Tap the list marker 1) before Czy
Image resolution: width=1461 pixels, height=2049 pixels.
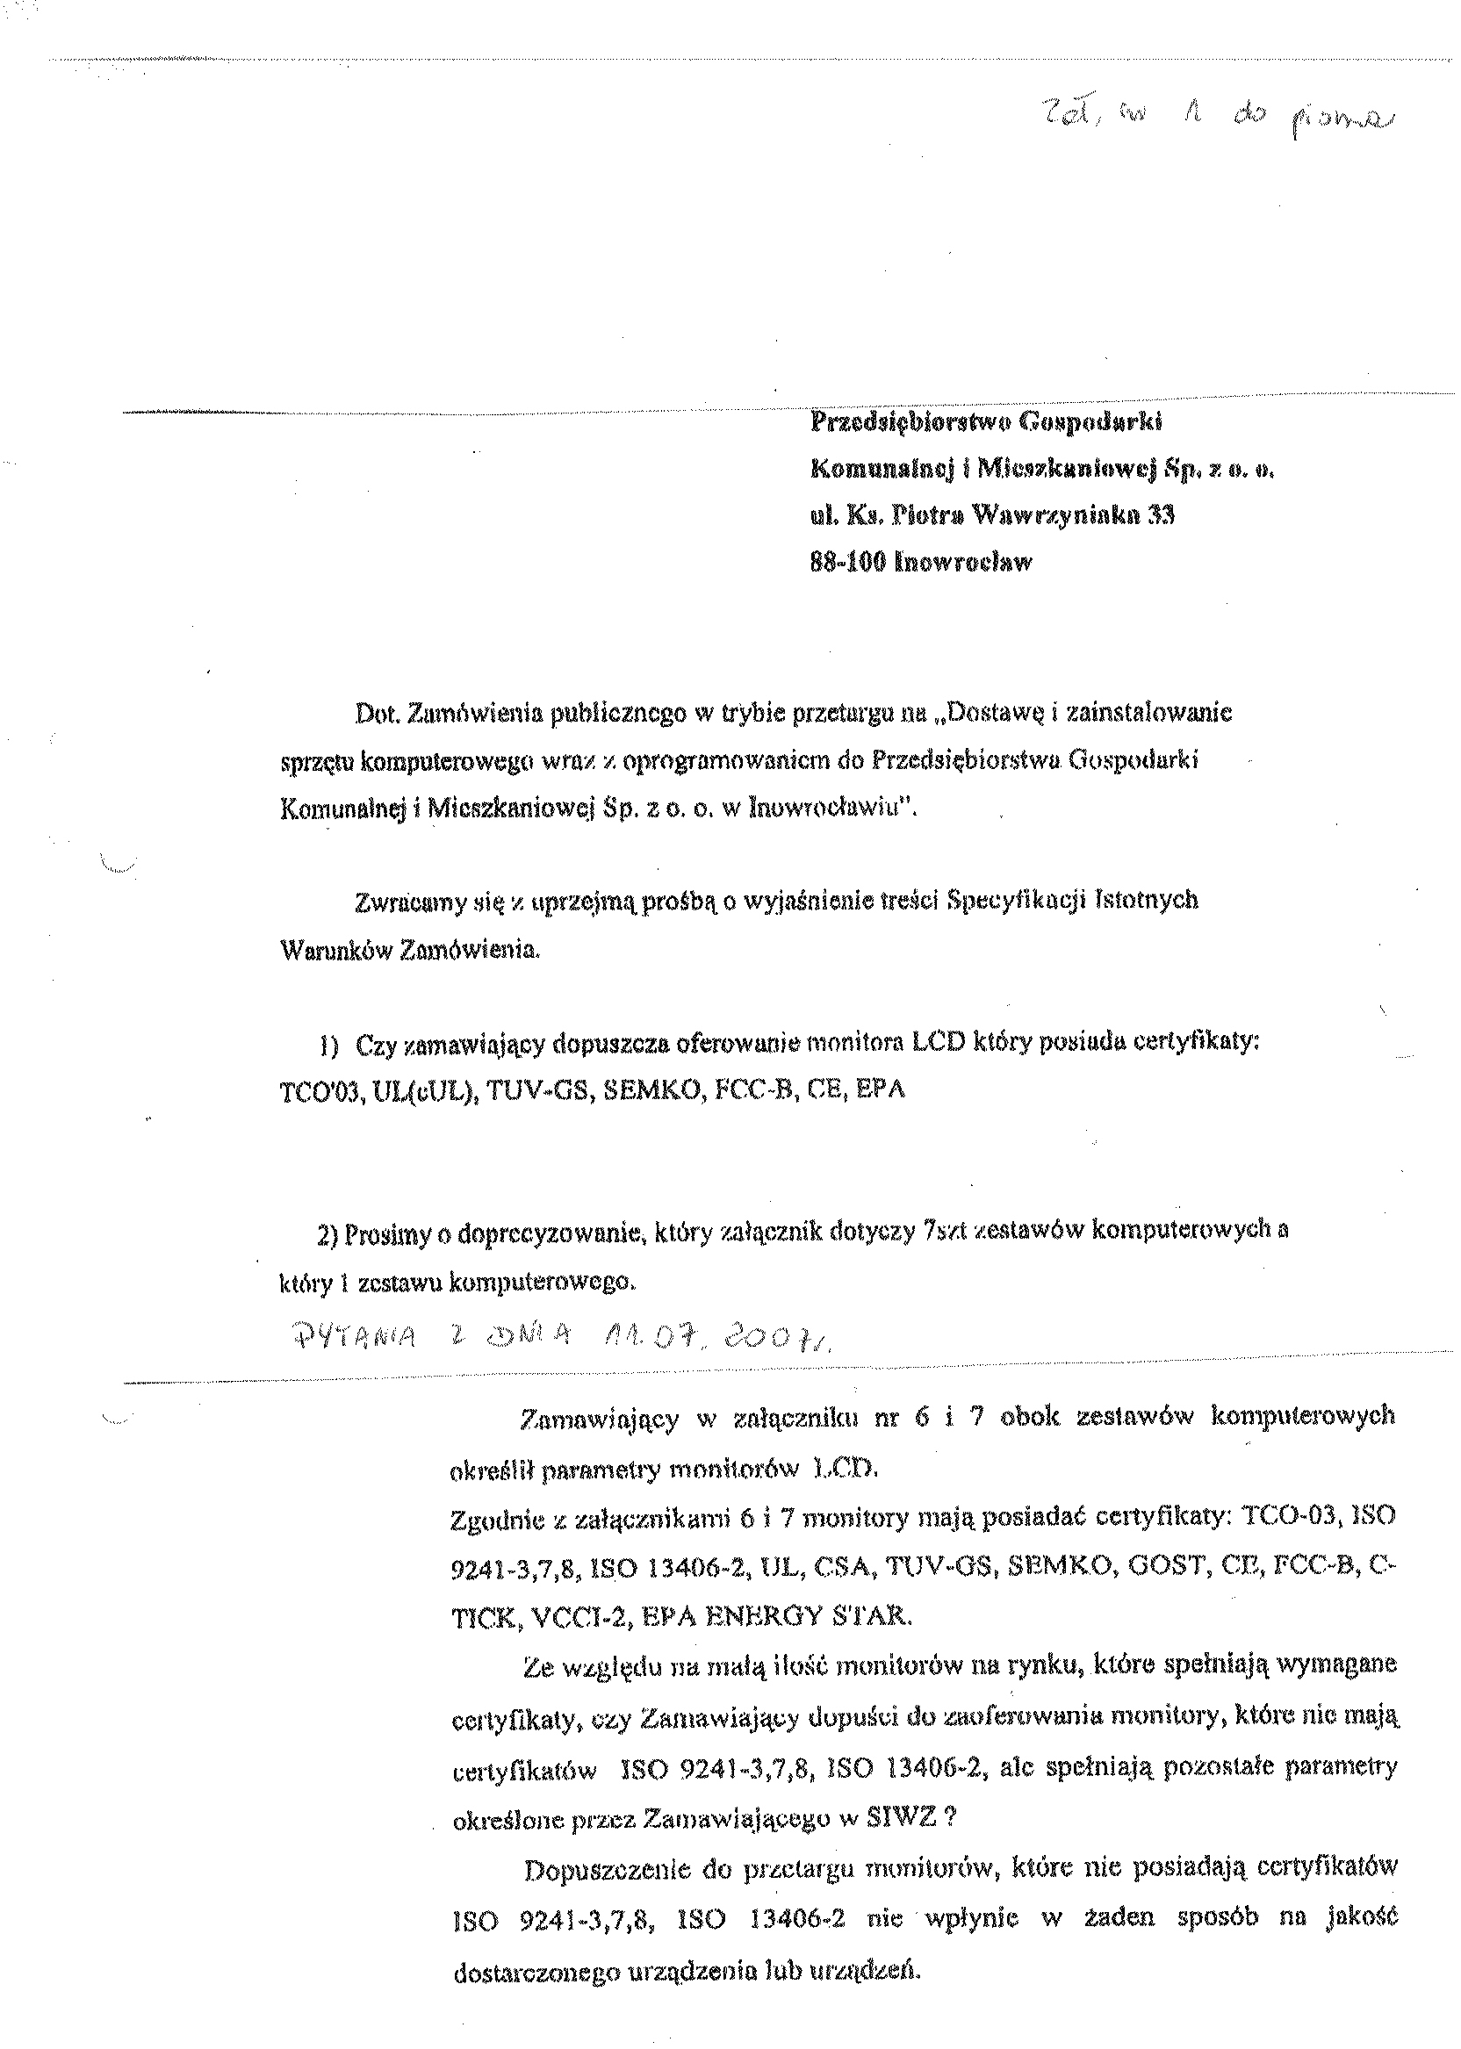(x=327, y=1046)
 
